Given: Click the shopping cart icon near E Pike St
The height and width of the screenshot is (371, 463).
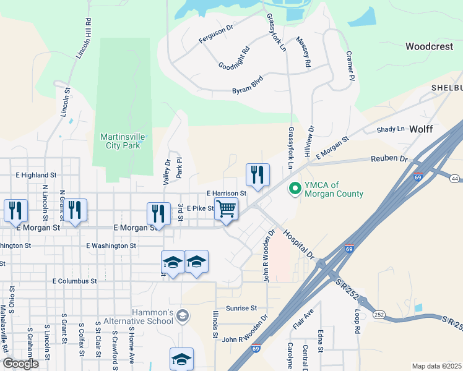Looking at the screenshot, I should click(x=227, y=209).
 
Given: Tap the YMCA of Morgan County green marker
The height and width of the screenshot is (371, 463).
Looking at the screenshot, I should click(x=295, y=187).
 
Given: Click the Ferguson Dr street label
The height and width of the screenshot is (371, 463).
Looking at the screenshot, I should click(x=215, y=33).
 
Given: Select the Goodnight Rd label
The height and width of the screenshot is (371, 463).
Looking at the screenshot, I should click(x=234, y=58).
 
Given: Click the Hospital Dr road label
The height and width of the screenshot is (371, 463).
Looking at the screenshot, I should click(x=300, y=244).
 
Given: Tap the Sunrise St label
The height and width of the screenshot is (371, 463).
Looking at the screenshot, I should click(x=241, y=307).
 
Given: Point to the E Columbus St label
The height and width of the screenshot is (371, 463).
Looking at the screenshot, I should click(x=75, y=281).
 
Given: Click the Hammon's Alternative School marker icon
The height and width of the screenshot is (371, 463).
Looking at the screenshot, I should click(x=182, y=317).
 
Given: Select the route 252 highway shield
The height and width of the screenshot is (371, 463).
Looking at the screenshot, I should click(x=379, y=315).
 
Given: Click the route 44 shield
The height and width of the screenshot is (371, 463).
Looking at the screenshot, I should click(x=455, y=179).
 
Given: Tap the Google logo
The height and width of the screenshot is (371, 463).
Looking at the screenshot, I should click(x=20, y=364).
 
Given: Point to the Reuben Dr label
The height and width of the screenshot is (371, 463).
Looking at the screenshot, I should click(x=391, y=159).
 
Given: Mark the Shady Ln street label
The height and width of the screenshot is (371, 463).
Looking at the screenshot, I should click(x=391, y=129).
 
